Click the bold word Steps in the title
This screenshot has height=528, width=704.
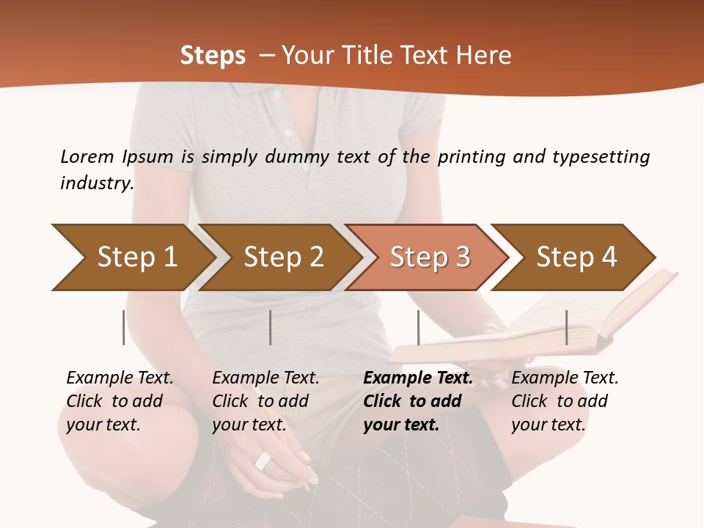213,56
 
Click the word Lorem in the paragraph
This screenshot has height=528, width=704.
87,156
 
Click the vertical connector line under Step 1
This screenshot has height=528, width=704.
123,327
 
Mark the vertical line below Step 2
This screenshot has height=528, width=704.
271,327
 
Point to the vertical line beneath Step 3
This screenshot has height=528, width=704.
418,327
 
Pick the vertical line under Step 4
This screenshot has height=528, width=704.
566,327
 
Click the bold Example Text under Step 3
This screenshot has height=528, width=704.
418,378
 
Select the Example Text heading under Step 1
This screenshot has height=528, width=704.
120,378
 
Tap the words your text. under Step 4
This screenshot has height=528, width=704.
548,425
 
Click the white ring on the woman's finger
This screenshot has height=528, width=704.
263,461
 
